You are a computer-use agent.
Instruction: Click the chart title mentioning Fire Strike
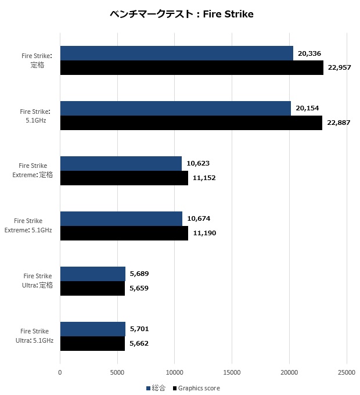coord(181,15)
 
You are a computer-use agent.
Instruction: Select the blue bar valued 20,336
coord(177,53)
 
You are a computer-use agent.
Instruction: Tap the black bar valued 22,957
coord(192,68)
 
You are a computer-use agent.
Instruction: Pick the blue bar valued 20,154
coord(175,109)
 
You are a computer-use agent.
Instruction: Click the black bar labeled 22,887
coord(191,123)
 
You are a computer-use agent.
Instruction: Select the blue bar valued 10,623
coord(121,164)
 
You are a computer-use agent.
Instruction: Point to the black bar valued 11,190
coord(124,234)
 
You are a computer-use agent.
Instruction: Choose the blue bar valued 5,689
coord(93,274)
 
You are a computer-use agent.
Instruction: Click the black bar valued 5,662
coord(92,344)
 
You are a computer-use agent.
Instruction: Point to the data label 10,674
coord(199,218)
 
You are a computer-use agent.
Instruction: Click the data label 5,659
coord(139,288)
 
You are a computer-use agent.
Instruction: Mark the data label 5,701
coord(139,329)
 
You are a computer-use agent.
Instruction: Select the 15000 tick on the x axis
coord(232,372)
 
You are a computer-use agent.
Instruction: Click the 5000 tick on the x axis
coord(117,372)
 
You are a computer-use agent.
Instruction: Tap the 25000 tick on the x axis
coord(347,372)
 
